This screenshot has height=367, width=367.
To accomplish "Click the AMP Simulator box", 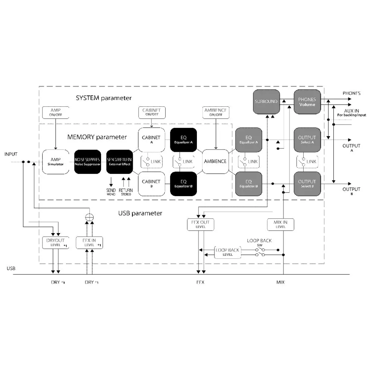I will (x=56, y=162).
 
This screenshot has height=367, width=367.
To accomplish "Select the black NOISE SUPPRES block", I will (x=87, y=162).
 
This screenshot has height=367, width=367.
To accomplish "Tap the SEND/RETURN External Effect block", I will (x=119, y=162).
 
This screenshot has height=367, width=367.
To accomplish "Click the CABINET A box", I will (x=151, y=139).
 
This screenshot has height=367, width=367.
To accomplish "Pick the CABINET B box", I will (x=151, y=183).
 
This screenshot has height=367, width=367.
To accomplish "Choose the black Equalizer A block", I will (x=183, y=139).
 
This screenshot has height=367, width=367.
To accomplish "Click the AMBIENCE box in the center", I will (x=215, y=161).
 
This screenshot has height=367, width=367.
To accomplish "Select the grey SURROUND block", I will (x=266, y=101).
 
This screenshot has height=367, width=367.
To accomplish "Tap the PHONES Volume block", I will (x=307, y=101).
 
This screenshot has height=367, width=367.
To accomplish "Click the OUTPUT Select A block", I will (x=307, y=139).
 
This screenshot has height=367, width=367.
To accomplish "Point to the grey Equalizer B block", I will (x=249, y=183).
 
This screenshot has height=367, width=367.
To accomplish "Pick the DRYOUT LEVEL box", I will (x=56, y=243).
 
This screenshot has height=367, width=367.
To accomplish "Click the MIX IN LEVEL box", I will (x=280, y=224).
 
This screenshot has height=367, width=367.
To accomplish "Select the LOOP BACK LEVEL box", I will (x=228, y=252).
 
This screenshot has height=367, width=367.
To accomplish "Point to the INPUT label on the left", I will (x=11, y=154).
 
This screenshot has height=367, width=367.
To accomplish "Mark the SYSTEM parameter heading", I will (x=104, y=98).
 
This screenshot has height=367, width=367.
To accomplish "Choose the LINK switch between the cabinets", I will (x=151, y=161).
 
